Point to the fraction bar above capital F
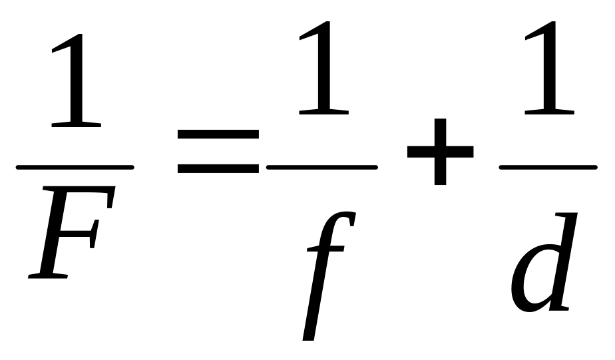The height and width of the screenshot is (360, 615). tap(75, 166)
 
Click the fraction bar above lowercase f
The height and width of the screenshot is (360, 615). tap(321, 166)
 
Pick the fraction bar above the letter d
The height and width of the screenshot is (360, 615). tap(547, 166)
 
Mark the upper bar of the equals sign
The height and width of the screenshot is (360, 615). tap(218, 134)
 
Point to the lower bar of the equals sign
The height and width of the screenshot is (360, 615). tap(218, 168)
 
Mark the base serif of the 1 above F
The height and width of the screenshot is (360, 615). tap(76, 123)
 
